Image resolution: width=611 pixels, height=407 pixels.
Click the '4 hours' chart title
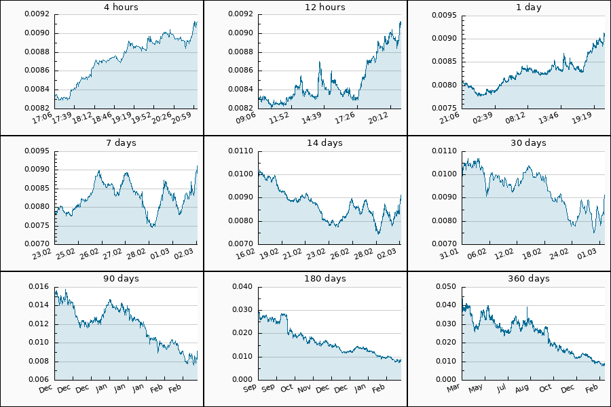point(121,7)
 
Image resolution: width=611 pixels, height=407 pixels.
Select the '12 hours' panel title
point(325,7)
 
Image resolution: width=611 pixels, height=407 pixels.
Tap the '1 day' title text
point(528,7)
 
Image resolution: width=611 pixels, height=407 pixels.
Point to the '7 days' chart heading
point(121,143)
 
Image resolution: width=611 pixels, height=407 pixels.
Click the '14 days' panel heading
point(325,143)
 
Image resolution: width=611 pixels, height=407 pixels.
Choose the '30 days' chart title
point(528,143)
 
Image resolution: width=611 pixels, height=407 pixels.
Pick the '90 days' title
point(121,279)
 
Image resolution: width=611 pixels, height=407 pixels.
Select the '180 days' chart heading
point(325,279)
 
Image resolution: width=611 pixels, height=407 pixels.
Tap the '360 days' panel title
point(528,279)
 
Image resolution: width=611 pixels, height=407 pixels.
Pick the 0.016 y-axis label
point(38,287)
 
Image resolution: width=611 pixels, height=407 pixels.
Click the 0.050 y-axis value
point(445,287)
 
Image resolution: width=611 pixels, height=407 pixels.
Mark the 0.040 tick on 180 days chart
point(242,287)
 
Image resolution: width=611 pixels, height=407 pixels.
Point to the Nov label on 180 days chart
point(303,389)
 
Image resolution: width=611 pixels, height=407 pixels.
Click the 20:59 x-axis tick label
point(183,118)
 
